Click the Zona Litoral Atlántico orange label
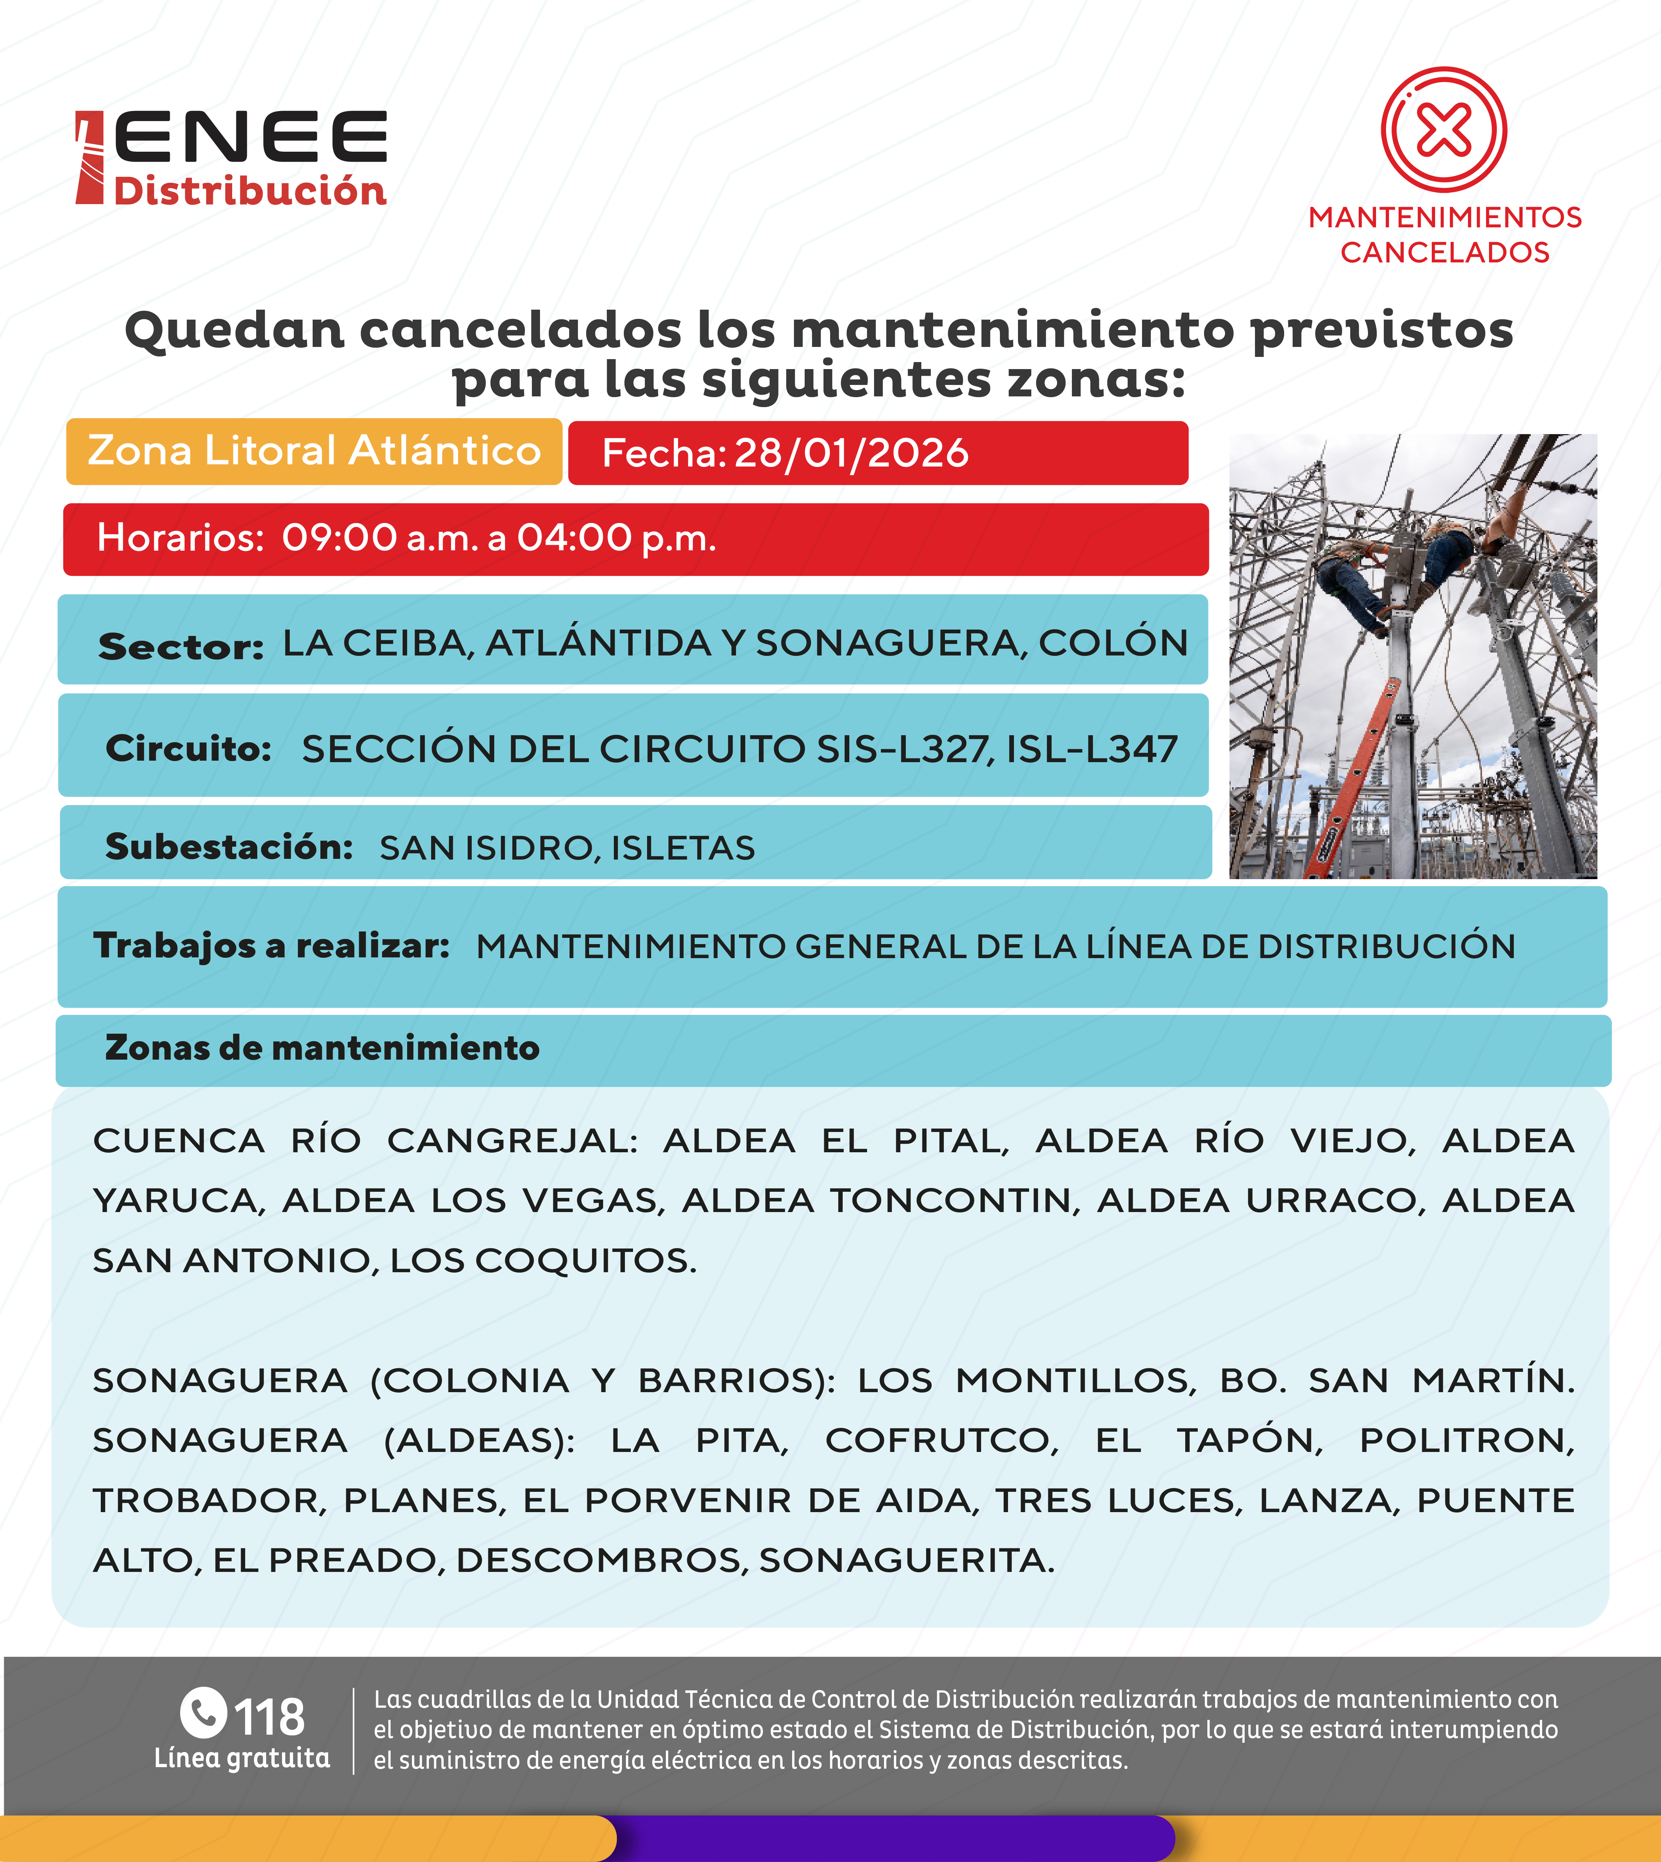[x=314, y=451]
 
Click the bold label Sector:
[x=181, y=646]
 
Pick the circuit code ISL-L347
[x=1091, y=749]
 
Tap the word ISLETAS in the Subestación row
[x=682, y=848]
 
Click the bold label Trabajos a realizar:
[x=271, y=946]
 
